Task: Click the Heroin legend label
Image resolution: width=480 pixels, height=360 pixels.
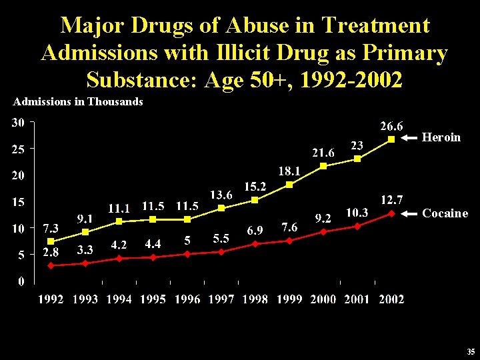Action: [x=441, y=137]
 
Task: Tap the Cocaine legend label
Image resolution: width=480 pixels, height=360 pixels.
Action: [x=445, y=213]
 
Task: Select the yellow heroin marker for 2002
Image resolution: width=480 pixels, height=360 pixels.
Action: [x=391, y=139]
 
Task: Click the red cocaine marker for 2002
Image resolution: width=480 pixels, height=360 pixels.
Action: [x=391, y=213]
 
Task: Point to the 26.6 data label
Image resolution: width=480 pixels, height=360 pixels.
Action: [x=391, y=125]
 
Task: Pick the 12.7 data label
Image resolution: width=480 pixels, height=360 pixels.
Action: [x=391, y=199]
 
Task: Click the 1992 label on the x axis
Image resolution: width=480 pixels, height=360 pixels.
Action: [x=51, y=299]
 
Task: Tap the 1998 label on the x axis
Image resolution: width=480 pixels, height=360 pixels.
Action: [x=255, y=299]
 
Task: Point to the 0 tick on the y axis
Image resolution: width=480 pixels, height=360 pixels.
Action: [x=21, y=281]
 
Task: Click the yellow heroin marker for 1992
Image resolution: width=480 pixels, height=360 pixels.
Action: [x=51, y=241]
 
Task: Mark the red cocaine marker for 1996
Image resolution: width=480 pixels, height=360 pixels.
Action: [x=187, y=254]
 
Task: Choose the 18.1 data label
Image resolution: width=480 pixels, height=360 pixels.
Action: [x=289, y=171]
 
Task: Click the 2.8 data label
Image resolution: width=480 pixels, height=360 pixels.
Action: [x=51, y=253]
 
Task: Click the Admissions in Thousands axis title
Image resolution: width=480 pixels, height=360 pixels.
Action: [x=78, y=102]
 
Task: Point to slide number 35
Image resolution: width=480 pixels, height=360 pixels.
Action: [x=471, y=352]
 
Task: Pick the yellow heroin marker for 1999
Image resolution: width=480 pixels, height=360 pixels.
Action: [x=289, y=185]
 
